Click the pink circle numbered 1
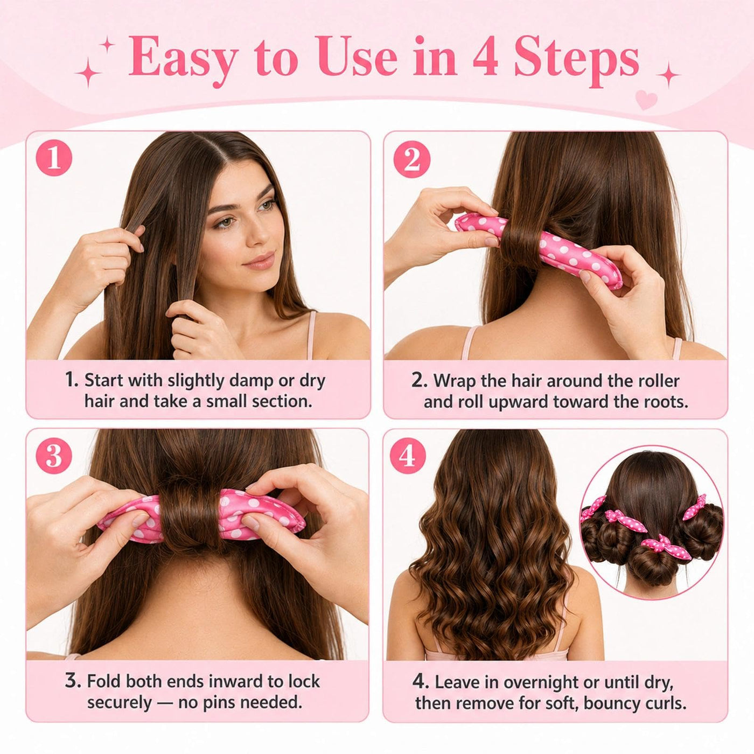coord(54,158)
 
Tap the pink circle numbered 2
coord(411,159)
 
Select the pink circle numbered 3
coord(54,456)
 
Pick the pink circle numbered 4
coord(407,456)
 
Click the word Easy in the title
coord(183,59)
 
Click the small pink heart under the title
coord(646,100)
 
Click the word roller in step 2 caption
coord(658,381)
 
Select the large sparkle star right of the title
coord(667,74)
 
